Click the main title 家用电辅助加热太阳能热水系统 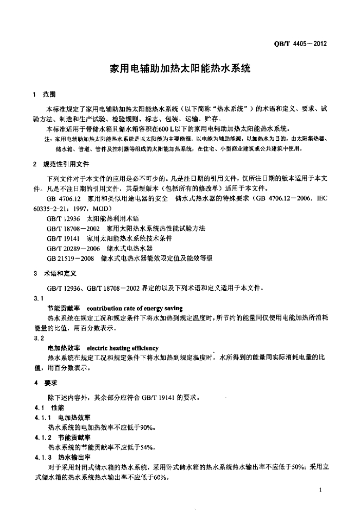180,68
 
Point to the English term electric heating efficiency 123,348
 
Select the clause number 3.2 38,338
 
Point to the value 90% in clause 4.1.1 147,427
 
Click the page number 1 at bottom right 320,491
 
